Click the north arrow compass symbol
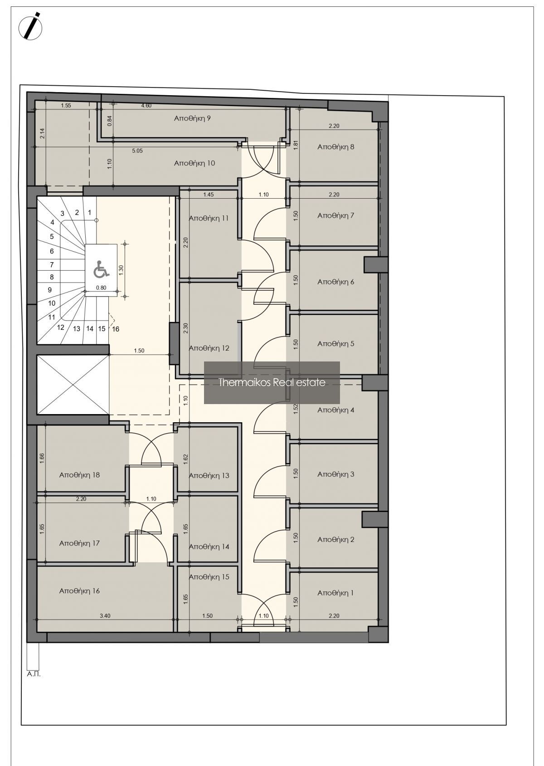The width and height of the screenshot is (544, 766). (x=30, y=26)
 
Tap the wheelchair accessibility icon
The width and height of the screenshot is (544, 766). (x=102, y=268)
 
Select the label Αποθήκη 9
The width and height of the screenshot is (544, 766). (x=192, y=118)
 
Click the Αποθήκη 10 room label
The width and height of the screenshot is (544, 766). (x=194, y=163)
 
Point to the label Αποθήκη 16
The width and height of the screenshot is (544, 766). (x=79, y=590)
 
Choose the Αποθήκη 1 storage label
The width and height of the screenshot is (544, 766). (x=335, y=593)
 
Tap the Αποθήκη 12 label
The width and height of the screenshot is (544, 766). (x=209, y=348)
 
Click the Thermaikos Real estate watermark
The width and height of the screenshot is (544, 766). (x=272, y=382)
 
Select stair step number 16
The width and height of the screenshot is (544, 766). (x=116, y=329)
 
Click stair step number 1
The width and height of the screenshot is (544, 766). (x=90, y=212)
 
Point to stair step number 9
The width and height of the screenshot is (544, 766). (x=50, y=290)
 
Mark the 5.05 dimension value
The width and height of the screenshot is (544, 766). (x=137, y=151)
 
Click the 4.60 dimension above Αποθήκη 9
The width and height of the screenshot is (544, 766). (x=146, y=106)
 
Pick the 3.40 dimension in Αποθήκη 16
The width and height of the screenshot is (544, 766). (x=105, y=616)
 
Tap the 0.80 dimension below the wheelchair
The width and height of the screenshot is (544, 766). (x=101, y=288)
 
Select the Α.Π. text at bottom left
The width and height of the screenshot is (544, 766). (x=34, y=675)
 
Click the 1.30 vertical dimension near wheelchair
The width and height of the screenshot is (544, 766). (x=121, y=270)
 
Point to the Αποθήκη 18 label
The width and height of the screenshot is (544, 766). (x=79, y=475)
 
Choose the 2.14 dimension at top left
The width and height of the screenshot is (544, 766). (x=43, y=133)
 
